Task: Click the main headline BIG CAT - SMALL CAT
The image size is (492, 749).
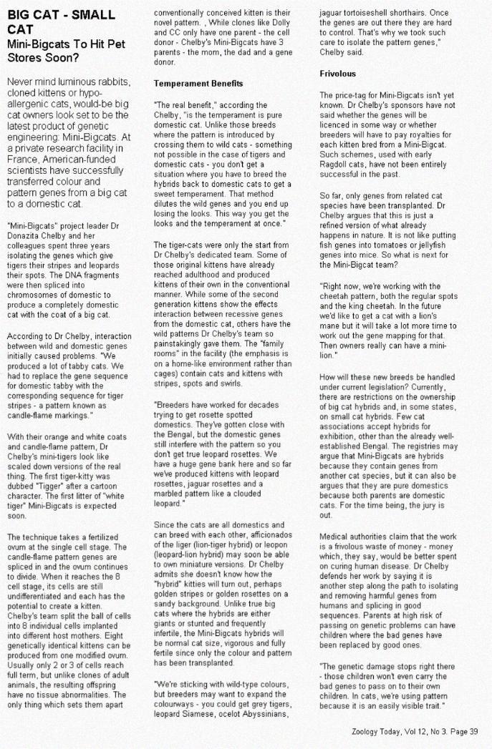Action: pyautogui.click(x=56, y=21)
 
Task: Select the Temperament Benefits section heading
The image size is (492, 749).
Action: pyautogui.click(x=198, y=84)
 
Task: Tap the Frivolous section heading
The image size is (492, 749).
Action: pyautogui.click(x=337, y=74)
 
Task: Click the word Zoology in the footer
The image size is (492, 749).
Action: pyautogui.click(x=370, y=731)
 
